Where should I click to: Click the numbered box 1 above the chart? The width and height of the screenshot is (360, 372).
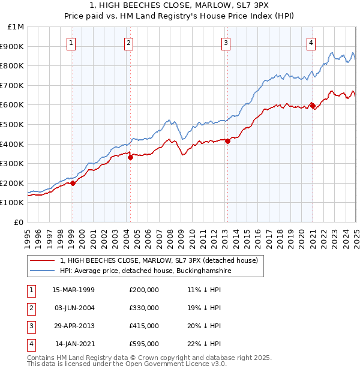(71, 42)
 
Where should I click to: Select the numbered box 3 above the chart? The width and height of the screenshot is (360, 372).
(226, 42)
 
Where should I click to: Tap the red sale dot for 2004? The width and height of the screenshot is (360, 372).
(130, 157)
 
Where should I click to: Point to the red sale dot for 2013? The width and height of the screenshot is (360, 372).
(227, 141)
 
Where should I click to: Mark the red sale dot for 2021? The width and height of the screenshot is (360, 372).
(313, 106)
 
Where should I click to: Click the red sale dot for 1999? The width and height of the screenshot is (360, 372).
(73, 183)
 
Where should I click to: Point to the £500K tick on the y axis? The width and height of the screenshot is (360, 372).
(14, 124)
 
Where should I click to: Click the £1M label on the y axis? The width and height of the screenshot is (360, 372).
(16, 27)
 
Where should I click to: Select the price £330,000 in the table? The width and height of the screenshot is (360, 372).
(144, 308)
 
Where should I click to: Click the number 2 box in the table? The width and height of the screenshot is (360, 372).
(31, 308)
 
